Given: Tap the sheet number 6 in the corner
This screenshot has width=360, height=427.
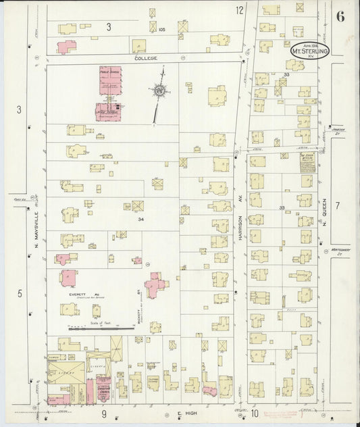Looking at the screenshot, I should tap(341, 18).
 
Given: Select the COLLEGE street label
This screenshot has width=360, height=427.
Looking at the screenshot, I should tap(145, 59).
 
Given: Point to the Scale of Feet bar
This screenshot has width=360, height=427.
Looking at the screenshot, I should tap(92, 328).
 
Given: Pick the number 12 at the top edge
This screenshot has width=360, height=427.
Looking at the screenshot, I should tap(239, 10).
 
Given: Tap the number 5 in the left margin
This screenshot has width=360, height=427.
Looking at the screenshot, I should tap(20, 293).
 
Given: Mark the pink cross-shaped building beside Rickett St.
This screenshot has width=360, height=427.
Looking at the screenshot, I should tap(156, 285).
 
